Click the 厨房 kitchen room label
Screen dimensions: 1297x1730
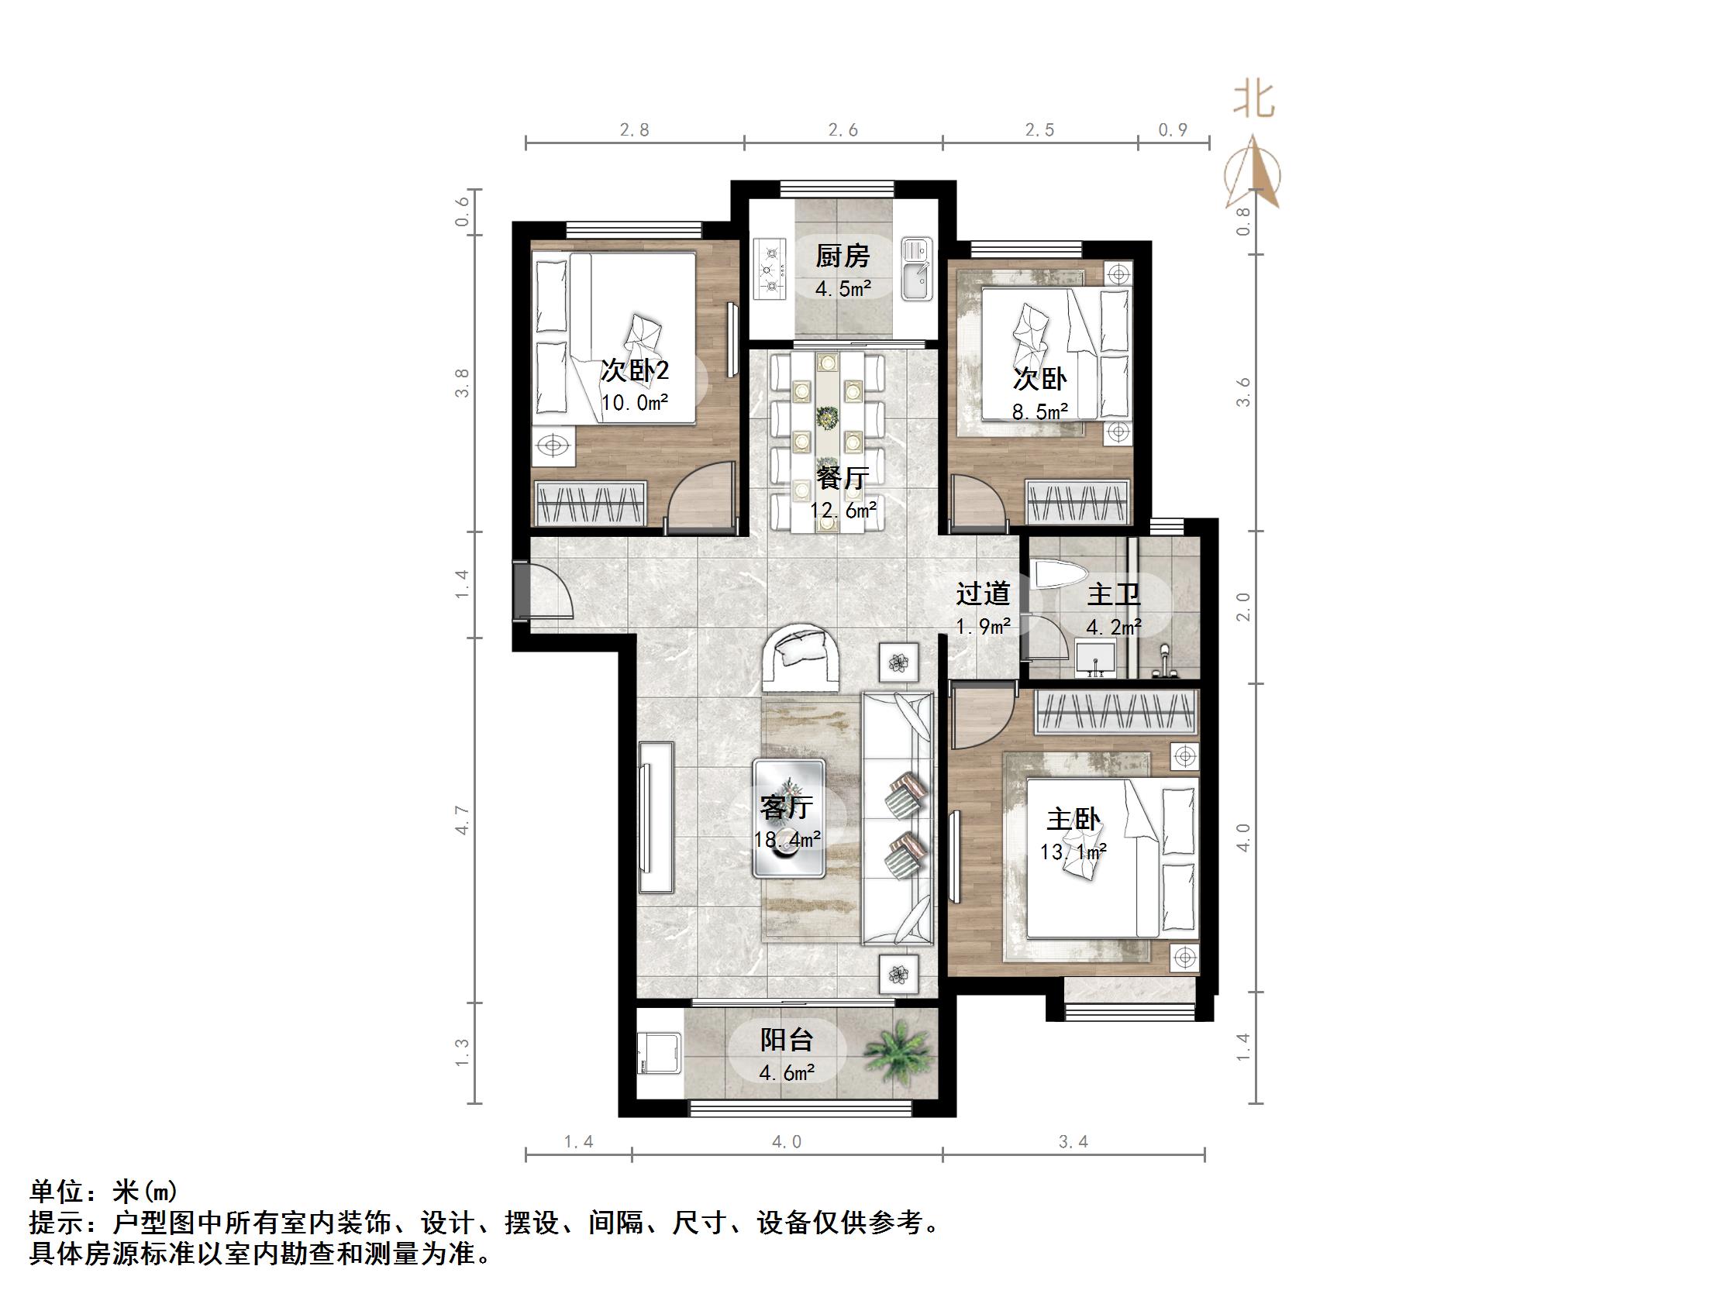tap(843, 256)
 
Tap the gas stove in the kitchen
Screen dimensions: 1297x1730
tap(770, 270)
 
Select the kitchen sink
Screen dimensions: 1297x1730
tap(917, 270)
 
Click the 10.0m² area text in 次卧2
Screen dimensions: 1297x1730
tap(634, 404)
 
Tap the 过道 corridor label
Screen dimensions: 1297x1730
tap(983, 594)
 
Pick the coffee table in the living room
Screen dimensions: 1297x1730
tap(789, 817)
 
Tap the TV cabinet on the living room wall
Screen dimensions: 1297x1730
tap(656, 817)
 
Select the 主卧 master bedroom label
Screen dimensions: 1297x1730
tap(1073, 819)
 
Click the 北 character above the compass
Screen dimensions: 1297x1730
tap(1255, 101)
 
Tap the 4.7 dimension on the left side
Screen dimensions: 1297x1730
tap(463, 820)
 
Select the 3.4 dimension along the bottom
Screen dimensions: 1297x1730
tap(1073, 1142)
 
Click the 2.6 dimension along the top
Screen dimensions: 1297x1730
tap(843, 130)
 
